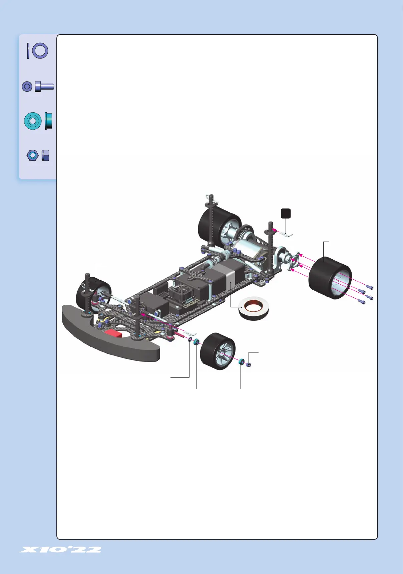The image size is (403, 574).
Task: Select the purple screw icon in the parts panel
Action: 38,87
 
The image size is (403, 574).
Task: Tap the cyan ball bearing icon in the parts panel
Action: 38,121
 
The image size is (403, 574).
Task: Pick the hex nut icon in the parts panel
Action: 38,155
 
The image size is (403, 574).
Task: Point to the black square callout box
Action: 286,213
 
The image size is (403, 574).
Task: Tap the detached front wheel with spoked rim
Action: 218,351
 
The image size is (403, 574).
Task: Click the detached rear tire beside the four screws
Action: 330,278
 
